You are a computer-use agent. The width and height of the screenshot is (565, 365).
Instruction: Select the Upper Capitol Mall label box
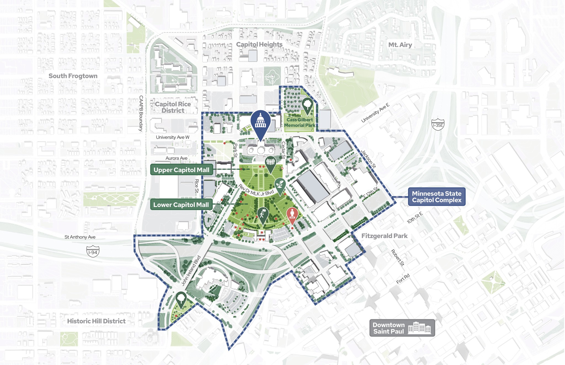click(x=182, y=170)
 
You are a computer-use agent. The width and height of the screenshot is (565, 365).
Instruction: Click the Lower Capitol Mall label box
click(x=181, y=205)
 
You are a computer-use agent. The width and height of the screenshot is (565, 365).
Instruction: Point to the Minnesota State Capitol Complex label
click(x=436, y=197)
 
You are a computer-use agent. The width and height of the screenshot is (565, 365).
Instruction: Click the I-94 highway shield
click(x=93, y=252)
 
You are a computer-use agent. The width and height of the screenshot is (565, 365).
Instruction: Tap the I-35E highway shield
click(x=438, y=125)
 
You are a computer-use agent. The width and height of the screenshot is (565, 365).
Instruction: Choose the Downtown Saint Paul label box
click(x=402, y=328)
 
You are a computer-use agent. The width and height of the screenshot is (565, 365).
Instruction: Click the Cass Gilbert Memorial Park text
click(x=300, y=122)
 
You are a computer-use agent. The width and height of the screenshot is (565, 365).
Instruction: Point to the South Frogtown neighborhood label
click(x=73, y=76)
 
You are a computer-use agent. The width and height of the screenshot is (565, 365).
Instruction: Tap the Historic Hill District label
click(x=96, y=321)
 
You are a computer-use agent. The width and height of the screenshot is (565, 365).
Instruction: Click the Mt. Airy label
click(x=400, y=45)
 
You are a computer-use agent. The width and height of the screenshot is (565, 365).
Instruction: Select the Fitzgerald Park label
click(x=384, y=236)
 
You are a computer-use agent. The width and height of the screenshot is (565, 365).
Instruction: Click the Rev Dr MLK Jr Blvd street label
click(x=256, y=191)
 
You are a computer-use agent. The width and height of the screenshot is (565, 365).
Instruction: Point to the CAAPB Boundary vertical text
click(x=141, y=113)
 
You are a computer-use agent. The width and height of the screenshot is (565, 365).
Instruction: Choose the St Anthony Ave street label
click(x=80, y=237)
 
